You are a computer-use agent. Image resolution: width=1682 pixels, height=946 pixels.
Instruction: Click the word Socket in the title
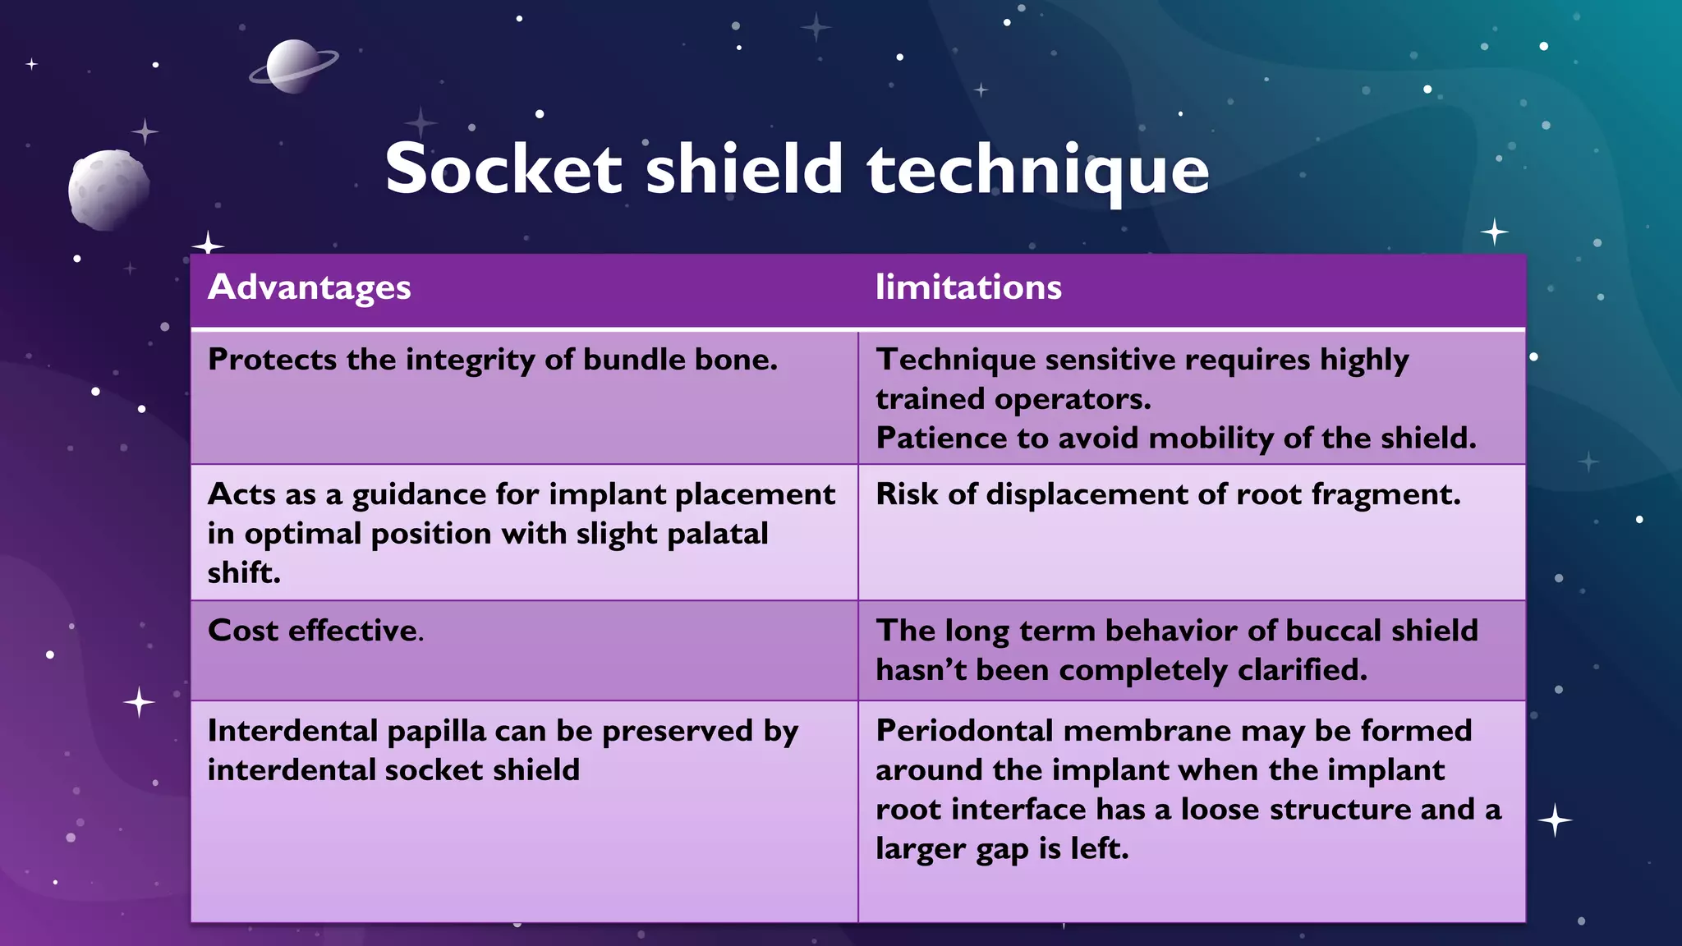[x=503, y=169]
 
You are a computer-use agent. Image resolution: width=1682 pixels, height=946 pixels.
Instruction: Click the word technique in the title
[x=1038, y=171]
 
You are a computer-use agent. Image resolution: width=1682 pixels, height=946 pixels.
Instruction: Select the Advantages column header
[x=310, y=287]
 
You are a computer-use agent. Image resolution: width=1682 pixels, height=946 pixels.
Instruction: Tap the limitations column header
[x=968, y=287]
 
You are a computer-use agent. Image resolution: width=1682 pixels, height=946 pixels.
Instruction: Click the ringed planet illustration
[x=292, y=66]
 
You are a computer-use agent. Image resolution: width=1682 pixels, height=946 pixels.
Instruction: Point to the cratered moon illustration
[x=108, y=190]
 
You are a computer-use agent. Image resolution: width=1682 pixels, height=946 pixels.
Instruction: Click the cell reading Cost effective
[x=316, y=631]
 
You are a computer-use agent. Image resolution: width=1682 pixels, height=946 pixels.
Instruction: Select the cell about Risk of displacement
[x=1168, y=494]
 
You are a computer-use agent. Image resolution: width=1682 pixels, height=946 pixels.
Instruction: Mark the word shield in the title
[x=744, y=169]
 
